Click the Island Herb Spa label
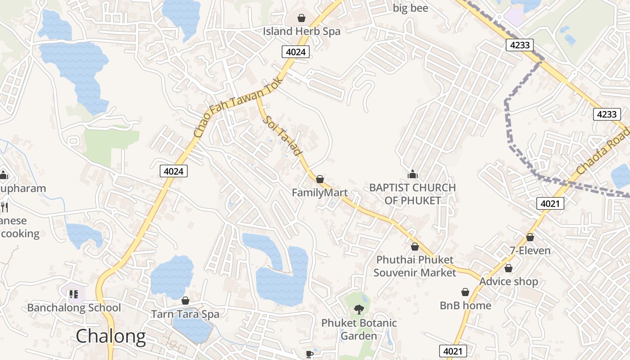(x=301, y=31)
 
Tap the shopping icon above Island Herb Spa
(x=301, y=18)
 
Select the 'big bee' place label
(x=410, y=8)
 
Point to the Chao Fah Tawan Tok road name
(x=238, y=107)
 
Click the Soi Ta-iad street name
(x=283, y=135)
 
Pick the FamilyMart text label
(x=319, y=193)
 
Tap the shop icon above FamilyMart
(x=320, y=179)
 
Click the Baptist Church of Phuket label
(x=413, y=194)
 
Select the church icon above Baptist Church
(x=412, y=174)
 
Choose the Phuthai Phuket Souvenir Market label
(x=415, y=266)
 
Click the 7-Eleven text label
(x=530, y=251)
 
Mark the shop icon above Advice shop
(x=508, y=268)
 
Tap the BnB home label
(x=465, y=306)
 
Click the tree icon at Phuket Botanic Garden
(x=359, y=309)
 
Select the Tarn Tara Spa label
(x=185, y=314)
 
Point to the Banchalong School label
(x=74, y=308)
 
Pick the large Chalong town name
(x=111, y=336)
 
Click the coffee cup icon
(x=309, y=354)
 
